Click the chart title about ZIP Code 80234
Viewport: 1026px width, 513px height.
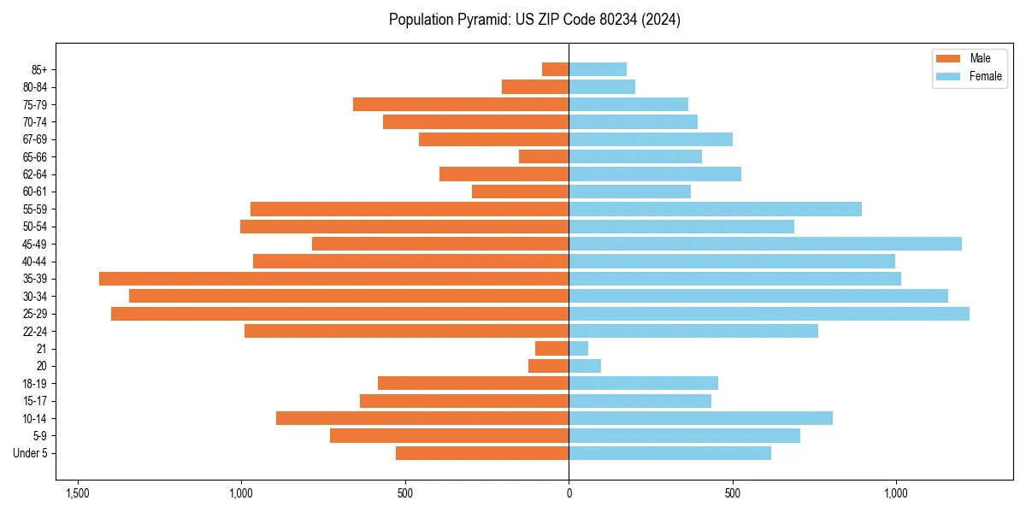[534, 20]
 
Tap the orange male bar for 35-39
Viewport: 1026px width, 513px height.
[333, 279]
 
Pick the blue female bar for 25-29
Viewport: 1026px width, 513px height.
[769, 314]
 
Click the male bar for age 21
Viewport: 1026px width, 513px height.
[551, 349]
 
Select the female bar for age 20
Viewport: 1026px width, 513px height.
[585, 366]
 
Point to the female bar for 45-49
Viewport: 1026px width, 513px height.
[765, 244]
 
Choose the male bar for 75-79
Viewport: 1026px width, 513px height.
[461, 104]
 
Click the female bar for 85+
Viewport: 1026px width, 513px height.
[598, 69]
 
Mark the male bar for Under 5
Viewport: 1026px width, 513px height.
[482, 453]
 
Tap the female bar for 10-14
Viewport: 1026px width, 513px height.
[700, 418]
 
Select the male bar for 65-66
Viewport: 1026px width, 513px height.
[544, 156]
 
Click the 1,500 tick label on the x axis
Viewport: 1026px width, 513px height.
[78, 494]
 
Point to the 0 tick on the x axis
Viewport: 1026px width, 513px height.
[569, 494]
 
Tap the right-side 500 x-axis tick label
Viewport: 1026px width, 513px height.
[732, 494]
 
